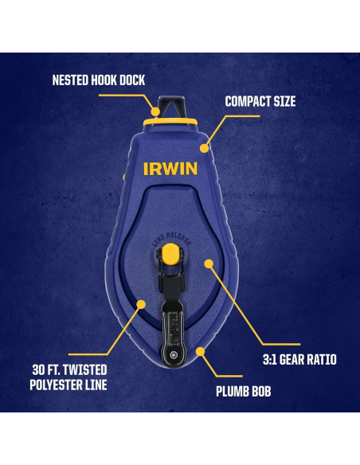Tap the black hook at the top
(170, 106)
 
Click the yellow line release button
(168, 255)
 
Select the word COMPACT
(248, 102)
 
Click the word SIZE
(284, 102)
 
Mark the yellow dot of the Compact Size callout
(204, 147)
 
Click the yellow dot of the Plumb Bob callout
(201, 350)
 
